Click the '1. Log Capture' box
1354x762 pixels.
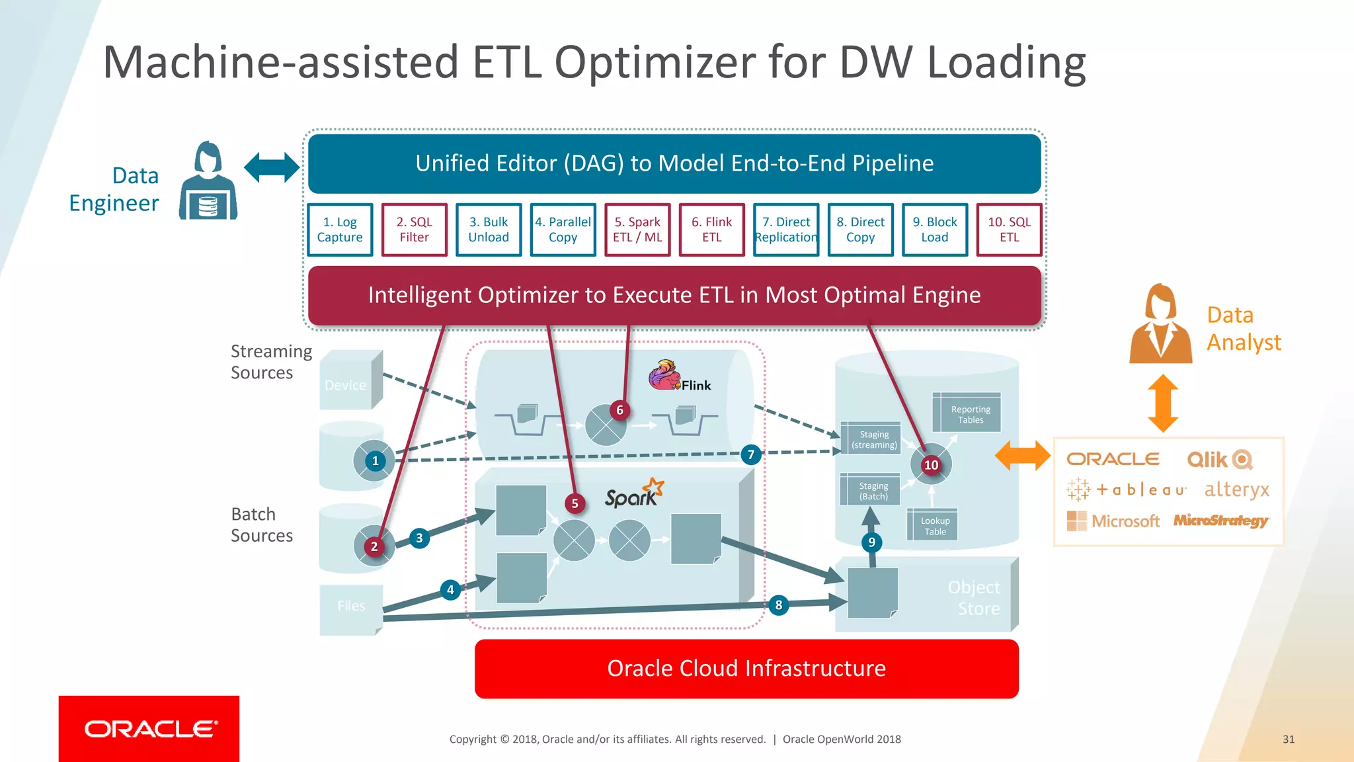(340, 230)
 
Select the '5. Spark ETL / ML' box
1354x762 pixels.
(637, 230)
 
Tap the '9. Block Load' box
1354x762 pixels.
(934, 230)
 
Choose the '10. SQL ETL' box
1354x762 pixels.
(1009, 230)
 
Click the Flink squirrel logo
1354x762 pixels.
(664, 376)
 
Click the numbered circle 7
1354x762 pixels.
(750, 454)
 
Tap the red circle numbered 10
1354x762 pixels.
(931, 465)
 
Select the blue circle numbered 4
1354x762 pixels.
(450, 589)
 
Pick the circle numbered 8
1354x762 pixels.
(778, 605)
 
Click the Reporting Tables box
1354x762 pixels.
(970, 414)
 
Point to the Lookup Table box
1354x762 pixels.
(935, 526)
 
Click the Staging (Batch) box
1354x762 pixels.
(873, 491)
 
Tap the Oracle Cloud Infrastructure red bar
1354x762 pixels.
(746, 669)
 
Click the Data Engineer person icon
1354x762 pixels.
(208, 181)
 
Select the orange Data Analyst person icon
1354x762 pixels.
(1160, 325)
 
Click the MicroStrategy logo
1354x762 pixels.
(1220, 521)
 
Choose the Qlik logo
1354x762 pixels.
(1219, 459)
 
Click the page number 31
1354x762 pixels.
(1288, 740)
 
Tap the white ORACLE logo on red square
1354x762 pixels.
(150, 729)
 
